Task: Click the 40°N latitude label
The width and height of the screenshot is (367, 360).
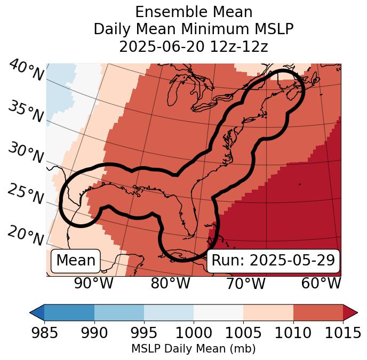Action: pyautogui.click(x=26, y=71)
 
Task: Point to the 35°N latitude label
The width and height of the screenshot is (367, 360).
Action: pyautogui.click(x=26, y=111)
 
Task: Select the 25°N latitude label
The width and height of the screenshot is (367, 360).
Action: pyautogui.click(x=26, y=194)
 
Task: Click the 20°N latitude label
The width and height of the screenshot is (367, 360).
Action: pyautogui.click(x=26, y=236)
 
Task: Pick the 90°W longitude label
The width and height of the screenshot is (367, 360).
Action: pyautogui.click(x=93, y=284)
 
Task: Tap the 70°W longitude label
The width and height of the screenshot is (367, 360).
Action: pyautogui.click(x=245, y=284)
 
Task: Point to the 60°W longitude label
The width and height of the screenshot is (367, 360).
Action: pyautogui.click(x=321, y=284)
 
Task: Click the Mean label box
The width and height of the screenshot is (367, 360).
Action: pyautogui.click(x=76, y=261)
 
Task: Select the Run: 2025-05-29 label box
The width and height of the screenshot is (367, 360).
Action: pyautogui.click(x=273, y=261)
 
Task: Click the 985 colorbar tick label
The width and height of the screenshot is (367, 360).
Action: pyautogui.click(x=44, y=333)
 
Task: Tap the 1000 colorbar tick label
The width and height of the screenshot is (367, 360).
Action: pyautogui.click(x=194, y=333)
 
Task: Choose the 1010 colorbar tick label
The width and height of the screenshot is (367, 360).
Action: pyautogui.click(x=293, y=333)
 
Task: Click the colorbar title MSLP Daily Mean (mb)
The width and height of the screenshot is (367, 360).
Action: pyautogui.click(x=194, y=349)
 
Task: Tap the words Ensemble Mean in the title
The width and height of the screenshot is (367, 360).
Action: pyautogui.click(x=194, y=12)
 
